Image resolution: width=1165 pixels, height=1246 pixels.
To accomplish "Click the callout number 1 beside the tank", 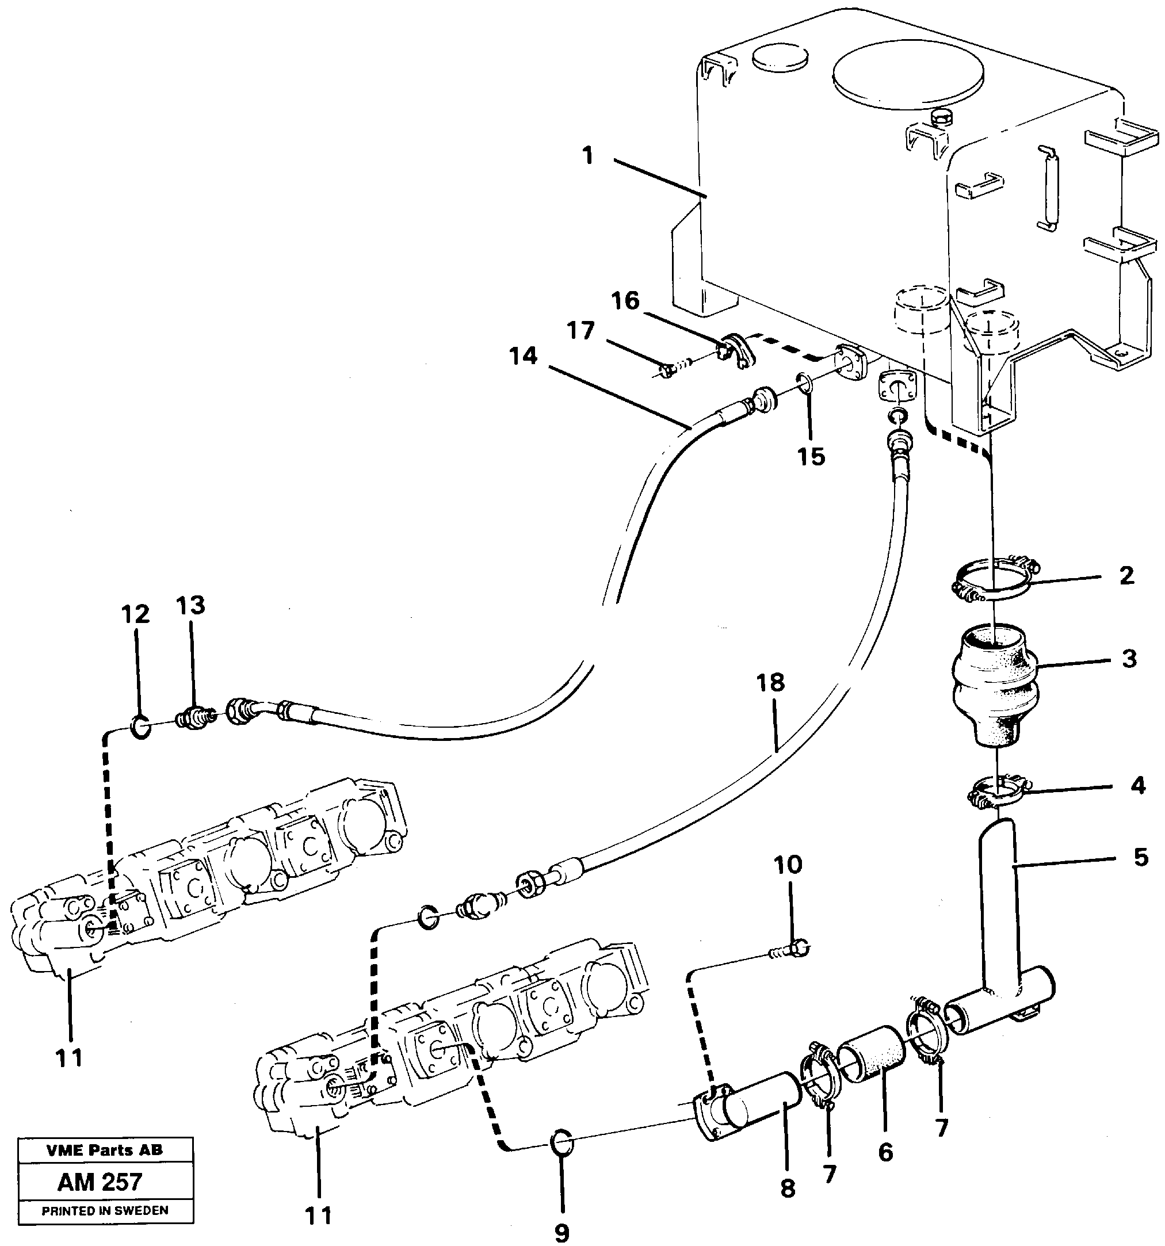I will tap(587, 156).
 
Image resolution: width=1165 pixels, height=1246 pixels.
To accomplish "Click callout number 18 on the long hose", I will tap(770, 683).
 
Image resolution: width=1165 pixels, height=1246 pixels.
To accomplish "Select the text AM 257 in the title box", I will tap(100, 1182).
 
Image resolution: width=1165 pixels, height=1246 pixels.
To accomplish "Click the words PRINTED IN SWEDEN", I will tap(105, 1211).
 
